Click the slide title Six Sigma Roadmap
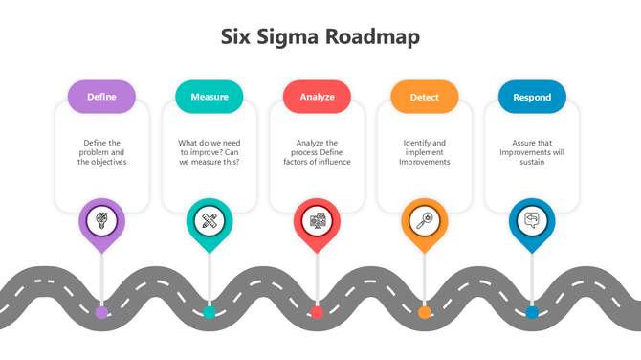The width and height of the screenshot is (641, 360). click(320, 37)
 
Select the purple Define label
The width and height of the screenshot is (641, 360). click(101, 97)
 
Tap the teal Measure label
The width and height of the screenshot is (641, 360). click(209, 97)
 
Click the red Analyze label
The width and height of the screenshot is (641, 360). click(317, 97)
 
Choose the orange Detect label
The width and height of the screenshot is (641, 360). click(424, 97)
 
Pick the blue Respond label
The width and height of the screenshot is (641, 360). click(532, 97)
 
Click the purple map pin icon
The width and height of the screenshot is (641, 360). click(101, 221)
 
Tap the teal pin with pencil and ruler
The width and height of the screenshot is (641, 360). click(209, 221)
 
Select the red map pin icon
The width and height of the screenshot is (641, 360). click(317, 221)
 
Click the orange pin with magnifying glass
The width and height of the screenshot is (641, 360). click(424, 221)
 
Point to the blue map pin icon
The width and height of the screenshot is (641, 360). click(532, 221)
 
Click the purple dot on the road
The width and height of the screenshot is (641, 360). click(101, 311)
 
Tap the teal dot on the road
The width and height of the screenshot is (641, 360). click(209, 311)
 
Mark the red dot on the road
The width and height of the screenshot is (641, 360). click(317, 311)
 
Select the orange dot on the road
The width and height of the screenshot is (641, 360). click(424, 311)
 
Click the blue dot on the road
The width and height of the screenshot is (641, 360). click(532, 311)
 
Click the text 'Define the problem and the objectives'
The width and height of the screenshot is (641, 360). click(101, 152)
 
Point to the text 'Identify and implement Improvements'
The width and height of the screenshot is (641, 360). click(424, 152)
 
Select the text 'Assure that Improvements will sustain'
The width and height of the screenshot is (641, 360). click(532, 152)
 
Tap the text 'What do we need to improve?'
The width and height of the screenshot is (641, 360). click(209, 147)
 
